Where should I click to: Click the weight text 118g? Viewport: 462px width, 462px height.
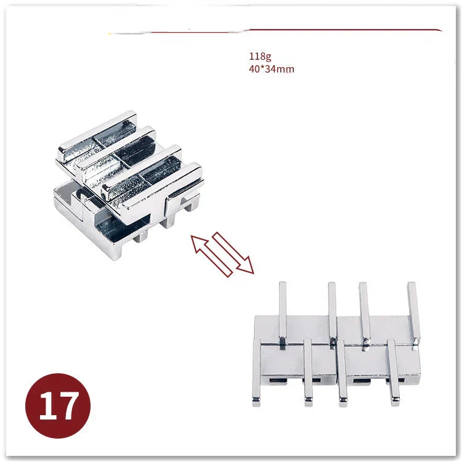(x=260, y=56)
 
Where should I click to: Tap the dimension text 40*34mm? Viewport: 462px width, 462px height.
(x=272, y=69)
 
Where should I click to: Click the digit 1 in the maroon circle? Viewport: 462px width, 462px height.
(x=47, y=406)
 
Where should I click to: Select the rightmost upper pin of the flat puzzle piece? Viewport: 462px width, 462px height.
(x=414, y=314)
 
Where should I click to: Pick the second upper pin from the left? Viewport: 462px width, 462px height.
(x=332, y=314)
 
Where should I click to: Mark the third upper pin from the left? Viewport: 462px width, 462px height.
(x=365, y=315)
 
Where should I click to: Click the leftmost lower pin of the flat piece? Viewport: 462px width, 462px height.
(x=256, y=372)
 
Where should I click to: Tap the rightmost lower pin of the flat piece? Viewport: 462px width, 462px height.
(x=394, y=373)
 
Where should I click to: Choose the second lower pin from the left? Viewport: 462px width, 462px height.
(x=308, y=373)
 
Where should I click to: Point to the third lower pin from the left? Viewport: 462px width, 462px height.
(x=342, y=373)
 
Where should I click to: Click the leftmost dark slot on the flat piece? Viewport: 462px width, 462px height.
(x=278, y=381)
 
